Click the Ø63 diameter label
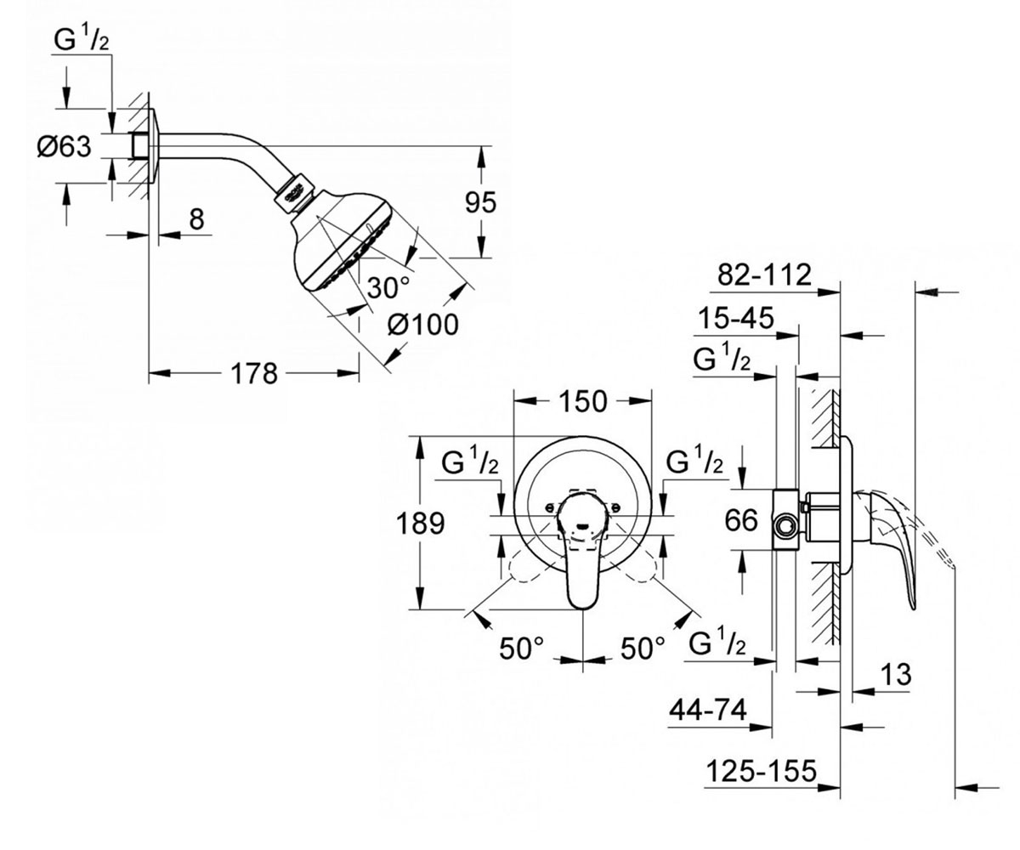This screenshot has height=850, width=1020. coord(64,146)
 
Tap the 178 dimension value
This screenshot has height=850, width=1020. coord(253,374)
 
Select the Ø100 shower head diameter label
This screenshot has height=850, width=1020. coord(423,324)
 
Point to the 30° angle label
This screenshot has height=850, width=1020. coord(388,287)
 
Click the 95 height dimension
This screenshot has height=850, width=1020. coord(480,202)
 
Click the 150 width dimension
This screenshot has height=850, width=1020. coord(582,401)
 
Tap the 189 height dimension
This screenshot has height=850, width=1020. coord(420,524)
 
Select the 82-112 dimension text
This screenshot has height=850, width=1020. coord(764,275)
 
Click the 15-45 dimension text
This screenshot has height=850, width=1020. coord(736,318)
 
